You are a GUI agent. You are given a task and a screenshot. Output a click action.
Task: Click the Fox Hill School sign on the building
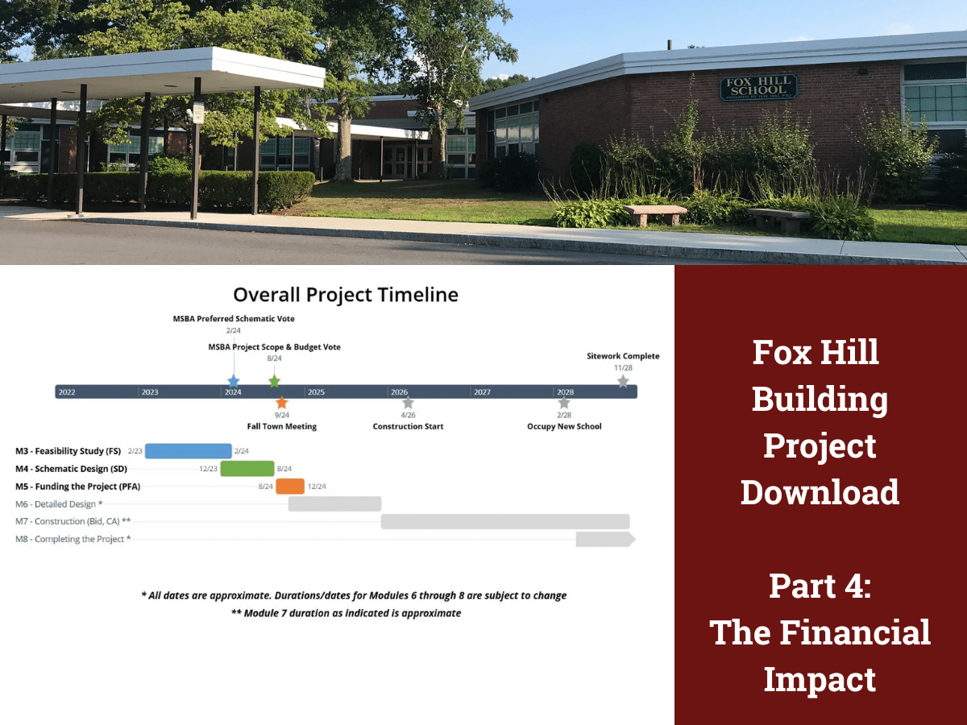coord(758,87)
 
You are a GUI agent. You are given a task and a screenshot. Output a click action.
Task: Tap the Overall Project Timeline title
coord(345,295)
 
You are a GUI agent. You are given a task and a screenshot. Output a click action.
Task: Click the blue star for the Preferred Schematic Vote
coord(234,381)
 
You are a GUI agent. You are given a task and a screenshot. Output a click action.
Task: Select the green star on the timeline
coord(274,381)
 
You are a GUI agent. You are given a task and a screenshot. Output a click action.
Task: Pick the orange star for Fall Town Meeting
coord(281,403)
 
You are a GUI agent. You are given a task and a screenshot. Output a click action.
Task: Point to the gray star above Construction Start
coord(408,403)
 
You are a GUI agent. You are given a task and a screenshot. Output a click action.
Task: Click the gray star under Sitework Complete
coord(623,381)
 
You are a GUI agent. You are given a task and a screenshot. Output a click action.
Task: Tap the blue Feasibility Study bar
coord(188,451)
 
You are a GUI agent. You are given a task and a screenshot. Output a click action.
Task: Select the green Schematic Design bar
coord(247,469)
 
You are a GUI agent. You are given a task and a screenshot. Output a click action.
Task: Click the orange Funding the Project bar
coord(290,487)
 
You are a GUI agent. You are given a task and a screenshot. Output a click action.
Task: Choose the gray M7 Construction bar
coord(505,522)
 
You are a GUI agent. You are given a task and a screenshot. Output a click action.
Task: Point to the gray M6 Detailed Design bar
coord(334,504)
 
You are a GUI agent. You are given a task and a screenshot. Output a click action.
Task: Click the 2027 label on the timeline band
coord(482,392)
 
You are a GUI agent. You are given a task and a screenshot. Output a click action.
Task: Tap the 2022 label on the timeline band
coord(66,392)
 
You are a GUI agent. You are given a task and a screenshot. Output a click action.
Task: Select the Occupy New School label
coord(564,426)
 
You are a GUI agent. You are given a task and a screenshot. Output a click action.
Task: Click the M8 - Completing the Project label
coord(73,539)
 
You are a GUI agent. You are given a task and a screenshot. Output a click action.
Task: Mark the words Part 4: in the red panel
coord(820,586)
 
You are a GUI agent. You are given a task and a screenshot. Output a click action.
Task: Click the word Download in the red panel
coord(820,491)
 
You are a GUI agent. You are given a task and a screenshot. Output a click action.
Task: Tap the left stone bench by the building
coord(654,214)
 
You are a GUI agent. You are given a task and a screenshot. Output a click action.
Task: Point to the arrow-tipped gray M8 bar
coord(605,540)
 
